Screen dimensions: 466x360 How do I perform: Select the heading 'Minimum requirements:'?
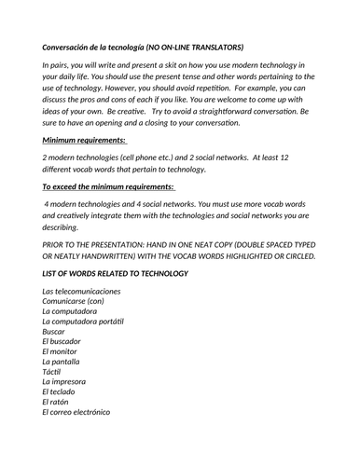(84, 140)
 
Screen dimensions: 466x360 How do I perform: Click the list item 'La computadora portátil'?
(83, 322)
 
